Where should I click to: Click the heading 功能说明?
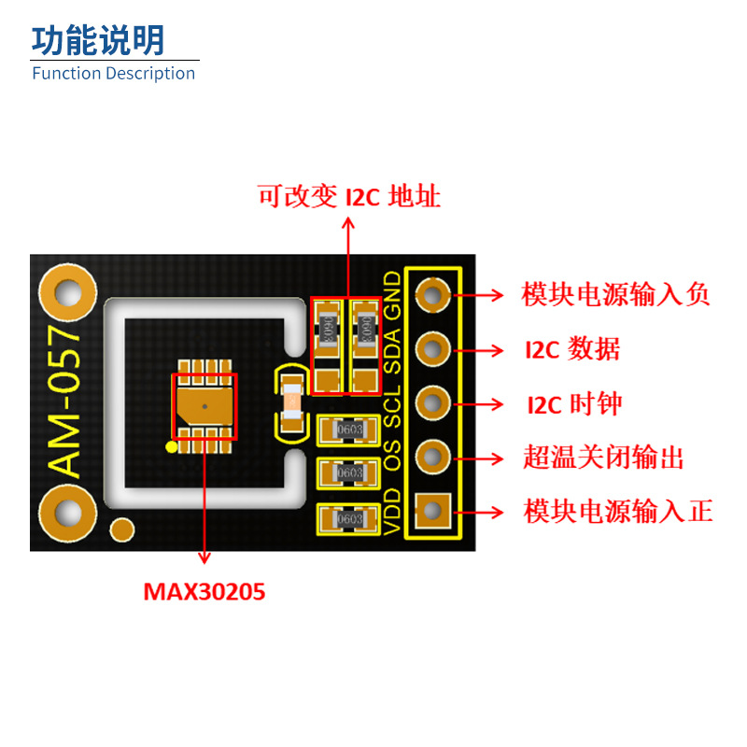pyautogui.click(x=98, y=40)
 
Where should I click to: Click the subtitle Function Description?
pyautogui.click(x=114, y=74)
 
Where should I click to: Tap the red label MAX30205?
pyautogui.click(x=204, y=591)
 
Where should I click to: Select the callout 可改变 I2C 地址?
pyautogui.click(x=348, y=197)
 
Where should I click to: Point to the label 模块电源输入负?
pyautogui.click(x=615, y=295)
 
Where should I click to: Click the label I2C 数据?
pyautogui.click(x=572, y=350)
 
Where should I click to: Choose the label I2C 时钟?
pyautogui.click(x=573, y=404)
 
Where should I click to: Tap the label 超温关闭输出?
pyautogui.click(x=602, y=458)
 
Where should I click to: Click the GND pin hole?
pyautogui.click(x=431, y=296)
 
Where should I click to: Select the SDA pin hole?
pyautogui.click(x=431, y=350)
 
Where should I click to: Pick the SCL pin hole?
pyautogui.click(x=431, y=403)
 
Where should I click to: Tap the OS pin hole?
pyautogui.click(x=431, y=457)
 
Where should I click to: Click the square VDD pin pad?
pyautogui.click(x=431, y=510)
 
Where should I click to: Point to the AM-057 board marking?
pyautogui.click(x=65, y=402)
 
